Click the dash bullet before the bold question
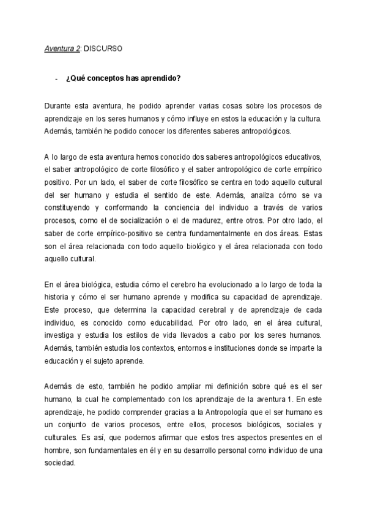pos(56,78)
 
